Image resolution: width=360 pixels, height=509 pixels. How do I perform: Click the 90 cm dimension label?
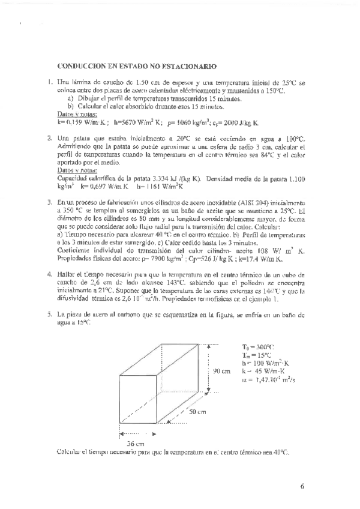[222, 370]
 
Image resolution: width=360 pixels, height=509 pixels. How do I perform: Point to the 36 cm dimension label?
[136, 443]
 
